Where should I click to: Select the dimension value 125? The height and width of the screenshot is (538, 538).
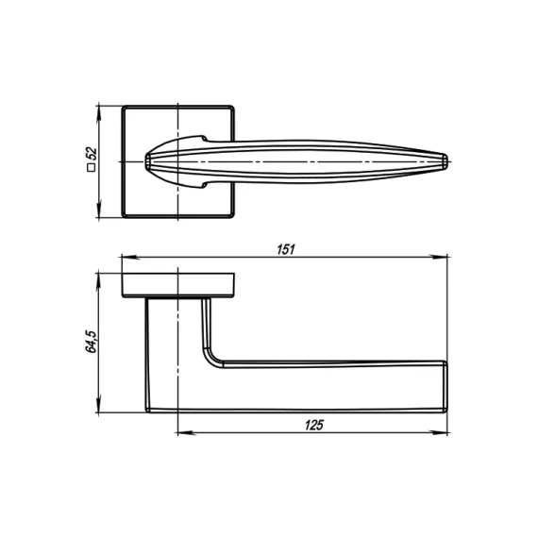click(314, 425)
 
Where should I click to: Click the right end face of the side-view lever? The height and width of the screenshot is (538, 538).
click(445, 387)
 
